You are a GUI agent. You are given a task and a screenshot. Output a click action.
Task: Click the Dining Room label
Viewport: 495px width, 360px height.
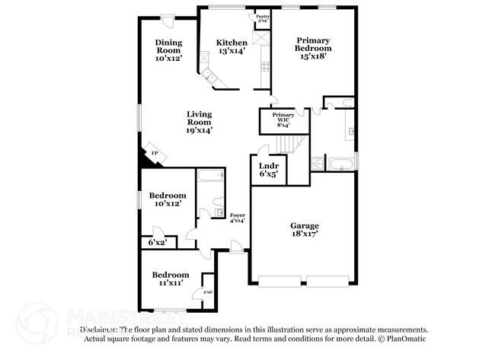coord(168,50)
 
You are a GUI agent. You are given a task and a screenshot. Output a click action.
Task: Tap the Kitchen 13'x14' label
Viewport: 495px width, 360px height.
coord(232,46)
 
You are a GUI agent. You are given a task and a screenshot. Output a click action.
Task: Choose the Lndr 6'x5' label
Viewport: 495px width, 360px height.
coord(268,169)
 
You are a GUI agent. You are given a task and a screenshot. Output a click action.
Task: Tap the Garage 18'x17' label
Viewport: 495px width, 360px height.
coord(304,230)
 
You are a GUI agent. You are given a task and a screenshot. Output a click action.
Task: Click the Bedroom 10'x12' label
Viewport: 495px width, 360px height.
coord(168,199)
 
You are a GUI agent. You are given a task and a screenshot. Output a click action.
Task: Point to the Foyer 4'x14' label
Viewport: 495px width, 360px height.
coord(238,218)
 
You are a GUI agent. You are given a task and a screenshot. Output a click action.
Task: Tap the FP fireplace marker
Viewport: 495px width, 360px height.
coord(155,154)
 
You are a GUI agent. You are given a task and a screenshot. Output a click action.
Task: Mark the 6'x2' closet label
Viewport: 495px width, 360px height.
coord(158,242)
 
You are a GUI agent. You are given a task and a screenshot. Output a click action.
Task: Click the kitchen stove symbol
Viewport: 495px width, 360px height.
coord(265,65)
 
